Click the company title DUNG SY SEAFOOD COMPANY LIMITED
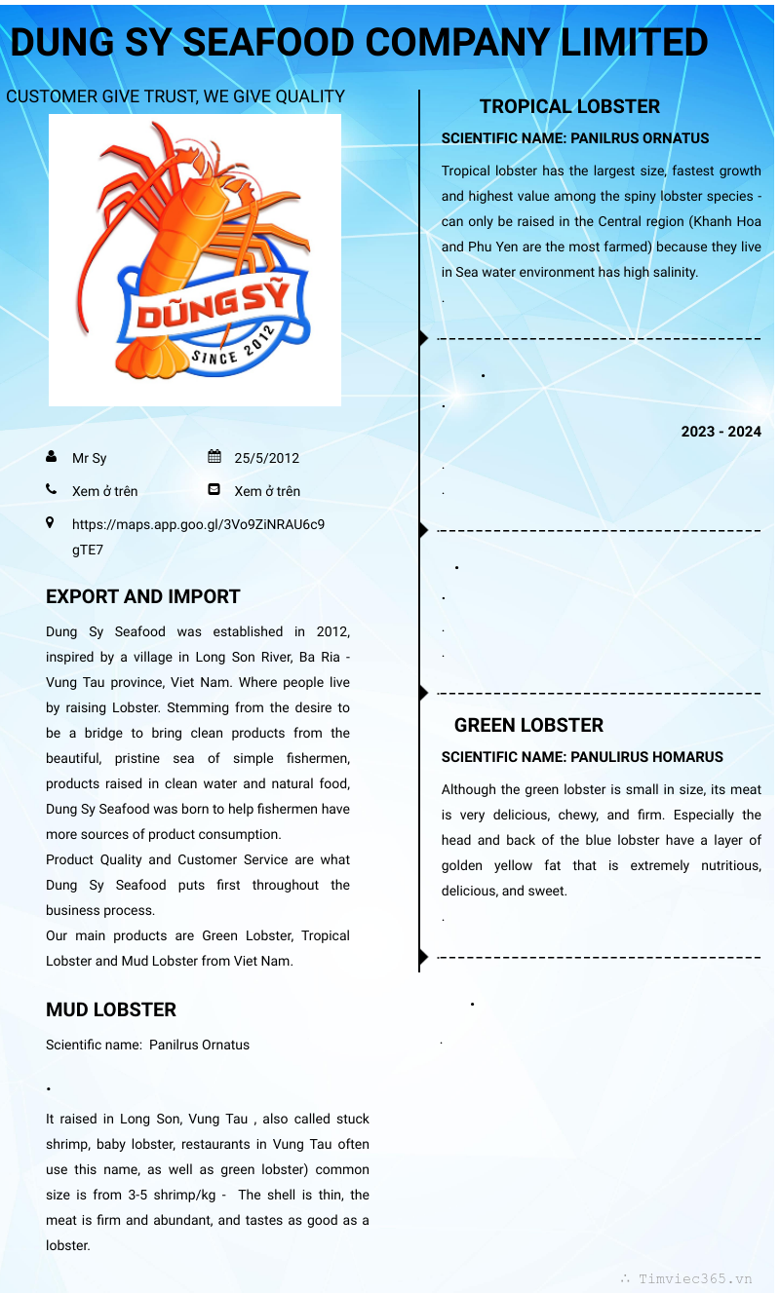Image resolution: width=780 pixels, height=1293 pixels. click(x=359, y=43)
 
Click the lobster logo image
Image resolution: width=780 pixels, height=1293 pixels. click(x=195, y=259)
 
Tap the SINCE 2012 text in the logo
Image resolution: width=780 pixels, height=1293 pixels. click(x=233, y=348)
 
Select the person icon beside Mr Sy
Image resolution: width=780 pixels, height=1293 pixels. click(x=51, y=457)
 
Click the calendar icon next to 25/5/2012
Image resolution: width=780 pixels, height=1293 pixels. click(x=214, y=457)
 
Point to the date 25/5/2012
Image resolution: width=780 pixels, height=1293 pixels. click(x=266, y=458)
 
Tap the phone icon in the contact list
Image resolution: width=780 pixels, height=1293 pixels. click(x=51, y=490)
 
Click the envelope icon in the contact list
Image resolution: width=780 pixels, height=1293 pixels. click(x=214, y=490)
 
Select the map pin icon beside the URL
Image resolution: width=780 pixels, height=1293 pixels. click(x=51, y=523)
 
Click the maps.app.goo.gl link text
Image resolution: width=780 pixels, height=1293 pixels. click(x=198, y=524)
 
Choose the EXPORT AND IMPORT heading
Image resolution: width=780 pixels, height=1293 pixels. click(x=142, y=596)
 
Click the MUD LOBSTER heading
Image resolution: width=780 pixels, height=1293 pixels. click(x=111, y=1009)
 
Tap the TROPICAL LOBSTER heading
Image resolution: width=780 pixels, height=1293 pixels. click(x=569, y=106)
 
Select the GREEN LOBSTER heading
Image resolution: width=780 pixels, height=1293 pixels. click(x=528, y=725)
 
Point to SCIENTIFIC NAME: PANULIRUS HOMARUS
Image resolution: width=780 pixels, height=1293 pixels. click(x=582, y=757)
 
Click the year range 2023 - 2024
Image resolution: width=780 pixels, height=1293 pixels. click(x=721, y=432)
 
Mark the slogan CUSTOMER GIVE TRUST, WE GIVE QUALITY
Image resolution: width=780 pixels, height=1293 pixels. click(x=175, y=96)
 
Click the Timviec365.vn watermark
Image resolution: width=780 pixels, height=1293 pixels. click(x=694, y=1279)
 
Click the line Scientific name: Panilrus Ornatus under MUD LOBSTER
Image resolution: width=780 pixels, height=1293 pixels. click(x=147, y=1045)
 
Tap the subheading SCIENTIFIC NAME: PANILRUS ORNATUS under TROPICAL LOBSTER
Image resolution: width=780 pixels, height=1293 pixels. click(x=575, y=138)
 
